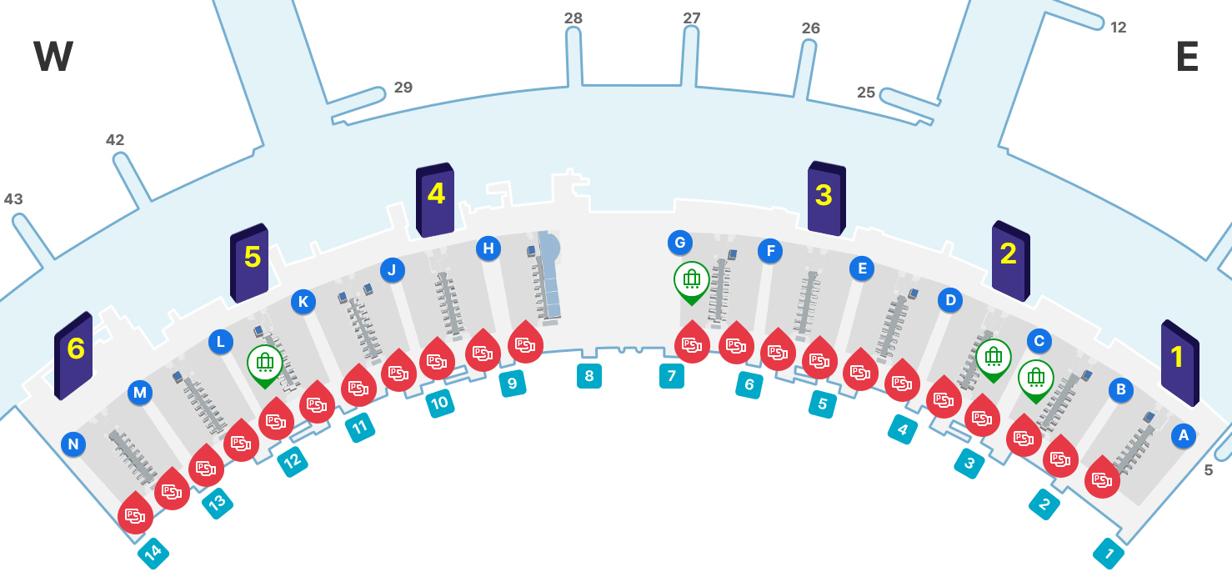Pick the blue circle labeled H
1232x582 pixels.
point(488,248)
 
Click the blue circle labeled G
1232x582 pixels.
point(680,243)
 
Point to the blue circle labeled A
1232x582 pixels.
point(1183,434)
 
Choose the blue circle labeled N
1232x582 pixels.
point(73,444)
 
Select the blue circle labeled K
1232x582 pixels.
point(303,302)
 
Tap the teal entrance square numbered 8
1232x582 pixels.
point(589,376)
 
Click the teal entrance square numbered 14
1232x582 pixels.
point(153,552)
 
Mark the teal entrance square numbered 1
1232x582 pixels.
point(1109,553)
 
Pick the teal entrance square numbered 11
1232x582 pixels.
point(360,428)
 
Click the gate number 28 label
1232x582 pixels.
point(573,18)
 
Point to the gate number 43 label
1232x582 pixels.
point(13,199)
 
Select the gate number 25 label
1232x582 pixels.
point(866,93)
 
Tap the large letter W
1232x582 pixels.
point(53,58)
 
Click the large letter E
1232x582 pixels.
point(1187,58)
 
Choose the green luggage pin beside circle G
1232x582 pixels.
point(691,280)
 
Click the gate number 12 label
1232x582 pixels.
point(1119,28)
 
